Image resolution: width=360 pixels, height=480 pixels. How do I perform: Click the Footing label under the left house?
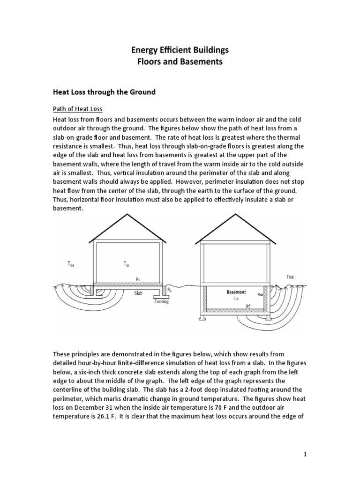pyautogui.click(x=161, y=302)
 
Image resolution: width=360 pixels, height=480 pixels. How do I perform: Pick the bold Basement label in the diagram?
pyautogui.click(x=236, y=292)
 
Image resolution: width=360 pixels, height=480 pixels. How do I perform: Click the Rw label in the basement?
pyautogui.click(x=260, y=295)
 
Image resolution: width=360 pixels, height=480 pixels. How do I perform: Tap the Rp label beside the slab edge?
pyautogui.click(x=170, y=291)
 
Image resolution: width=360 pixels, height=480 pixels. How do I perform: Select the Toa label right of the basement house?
pyautogui.click(x=291, y=276)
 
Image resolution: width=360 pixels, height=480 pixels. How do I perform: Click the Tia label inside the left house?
pyautogui.click(x=126, y=264)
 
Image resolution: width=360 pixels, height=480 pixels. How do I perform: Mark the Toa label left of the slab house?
pyautogui.click(x=71, y=264)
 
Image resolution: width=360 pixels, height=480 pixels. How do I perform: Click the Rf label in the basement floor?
pyautogui.click(x=249, y=306)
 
